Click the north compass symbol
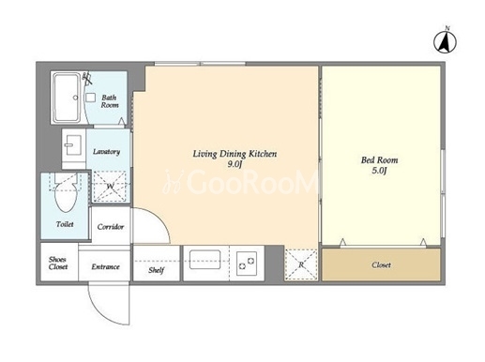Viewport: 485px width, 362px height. pyautogui.click(x=445, y=41)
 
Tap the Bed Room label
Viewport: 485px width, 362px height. pyautogui.click(x=379, y=160)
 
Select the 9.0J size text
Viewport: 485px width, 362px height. pyautogui.click(x=235, y=164)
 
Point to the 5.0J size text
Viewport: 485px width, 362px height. pyautogui.click(x=379, y=171)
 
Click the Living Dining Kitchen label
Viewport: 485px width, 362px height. pyautogui.click(x=235, y=154)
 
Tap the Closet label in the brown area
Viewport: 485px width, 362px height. pyautogui.click(x=381, y=264)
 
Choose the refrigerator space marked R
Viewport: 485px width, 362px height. pyautogui.click(x=301, y=264)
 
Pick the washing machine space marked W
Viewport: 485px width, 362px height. pyautogui.click(x=110, y=187)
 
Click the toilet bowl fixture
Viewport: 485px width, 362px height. pyautogui.click(x=66, y=193)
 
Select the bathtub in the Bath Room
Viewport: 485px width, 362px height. pyautogui.click(x=67, y=97)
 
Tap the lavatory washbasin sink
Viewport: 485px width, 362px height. pyautogui.click(x=73, y=145)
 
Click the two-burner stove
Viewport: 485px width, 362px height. pyautogui.click(x=247, y=264)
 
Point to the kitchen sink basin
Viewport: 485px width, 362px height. pyautogui.click(x=205, y=260)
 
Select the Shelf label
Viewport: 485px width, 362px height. pyautogui.click(x=156, y=270)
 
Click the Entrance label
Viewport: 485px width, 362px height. pyautogui.click(x=105, y=266)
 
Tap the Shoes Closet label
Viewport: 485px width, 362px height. pyautogui.click(x=58, y=264)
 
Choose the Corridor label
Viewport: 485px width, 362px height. pyautogui.click(x=111, y=227)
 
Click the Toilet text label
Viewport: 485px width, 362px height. pyautogui.click(x=65, y=224)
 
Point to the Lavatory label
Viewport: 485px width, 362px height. pyautogui.click(x=106, y=152)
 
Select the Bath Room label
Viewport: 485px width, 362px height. pyautogui.click(x=110, y=101)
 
